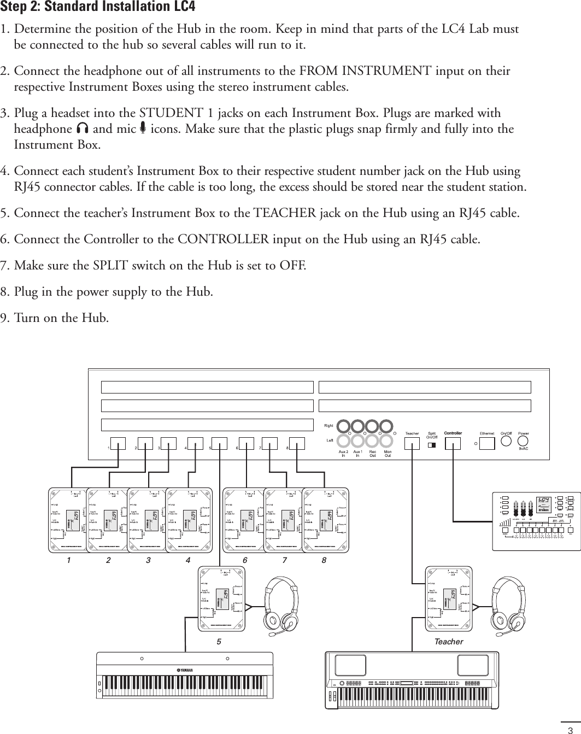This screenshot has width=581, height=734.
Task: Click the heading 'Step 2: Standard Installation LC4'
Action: point(98,8)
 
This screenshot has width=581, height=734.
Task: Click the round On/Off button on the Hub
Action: point(507,441)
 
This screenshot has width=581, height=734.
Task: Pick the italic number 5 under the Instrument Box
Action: point(218,641)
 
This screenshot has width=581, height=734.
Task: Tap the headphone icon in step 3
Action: point(83,129)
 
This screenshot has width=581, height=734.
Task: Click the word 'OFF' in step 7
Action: point(292,266)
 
